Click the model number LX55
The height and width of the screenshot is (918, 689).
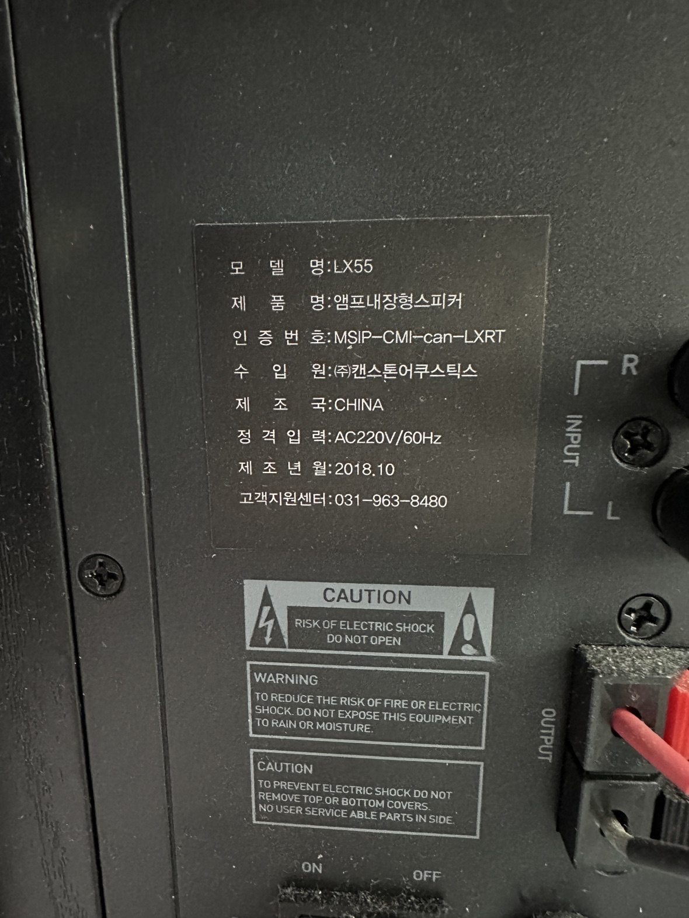coord(353,266)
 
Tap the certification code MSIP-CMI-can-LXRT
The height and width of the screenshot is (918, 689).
coord(419,337)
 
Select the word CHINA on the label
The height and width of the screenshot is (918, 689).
coord(359,405)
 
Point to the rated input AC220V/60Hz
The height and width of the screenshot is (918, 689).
coord(388,438)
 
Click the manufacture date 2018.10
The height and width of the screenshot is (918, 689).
coord(364,470)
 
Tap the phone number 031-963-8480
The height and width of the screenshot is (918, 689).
coord(391,500)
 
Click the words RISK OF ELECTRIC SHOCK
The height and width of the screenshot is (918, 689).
coord(364,625)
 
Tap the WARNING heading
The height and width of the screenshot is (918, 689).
coord(286,679)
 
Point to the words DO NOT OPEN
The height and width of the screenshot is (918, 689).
coord(364,640)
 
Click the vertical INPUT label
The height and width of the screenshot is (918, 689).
coord(573,440)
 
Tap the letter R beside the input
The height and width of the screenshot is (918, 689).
coord(629,365)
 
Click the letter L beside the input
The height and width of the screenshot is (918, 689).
coord(613,511)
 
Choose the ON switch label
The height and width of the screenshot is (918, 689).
coord(312,868)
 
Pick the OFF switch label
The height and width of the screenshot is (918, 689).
coord(426,875)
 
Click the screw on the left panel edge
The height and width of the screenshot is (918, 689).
coord(101,574)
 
